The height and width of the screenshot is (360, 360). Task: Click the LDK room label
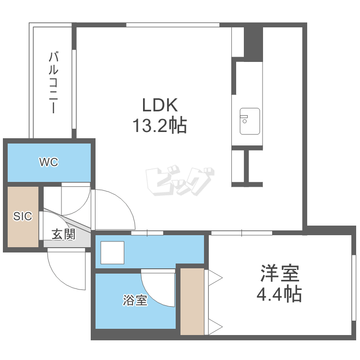click(x=160, y=105)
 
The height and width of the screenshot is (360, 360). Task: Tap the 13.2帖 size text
click(x=160, y=125)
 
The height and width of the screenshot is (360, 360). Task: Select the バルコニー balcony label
click(x=53, y=83)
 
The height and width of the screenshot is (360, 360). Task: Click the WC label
click(x=48, y=162)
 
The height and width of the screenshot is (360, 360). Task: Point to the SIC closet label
click(x=23, y=216)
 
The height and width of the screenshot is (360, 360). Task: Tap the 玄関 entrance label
click(x=63, y=234)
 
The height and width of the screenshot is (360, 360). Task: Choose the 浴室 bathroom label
click(x=135, y=300)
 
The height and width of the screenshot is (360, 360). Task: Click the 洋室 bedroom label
click(x=280, y=273)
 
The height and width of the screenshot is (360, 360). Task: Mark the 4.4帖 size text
click(x=279, y=294)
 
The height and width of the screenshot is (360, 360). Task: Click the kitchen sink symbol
click(x=250, y=121)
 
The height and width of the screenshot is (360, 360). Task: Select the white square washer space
click(x=112, y=252)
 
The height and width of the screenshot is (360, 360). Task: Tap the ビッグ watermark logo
click(x=180, y=181)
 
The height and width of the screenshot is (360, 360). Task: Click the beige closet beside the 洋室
click(x=192, y=301)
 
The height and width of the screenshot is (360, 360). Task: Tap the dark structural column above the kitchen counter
click(x=253, y=44)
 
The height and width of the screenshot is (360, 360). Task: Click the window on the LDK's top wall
click(x=173, y=25)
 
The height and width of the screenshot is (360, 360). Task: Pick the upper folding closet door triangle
click(x=216, y=278)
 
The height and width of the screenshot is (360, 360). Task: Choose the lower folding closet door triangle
click(x=216, y=326)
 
